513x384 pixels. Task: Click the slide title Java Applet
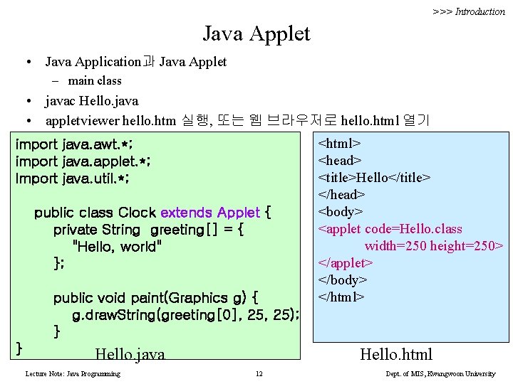point(256,33)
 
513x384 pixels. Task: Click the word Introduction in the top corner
point(480,11)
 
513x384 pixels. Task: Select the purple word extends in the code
point(187,213)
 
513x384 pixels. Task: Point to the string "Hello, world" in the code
point(118,247)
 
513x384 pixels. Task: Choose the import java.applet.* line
point(83,161)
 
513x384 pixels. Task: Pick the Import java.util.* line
point(72,178)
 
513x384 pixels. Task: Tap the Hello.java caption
point(130,354)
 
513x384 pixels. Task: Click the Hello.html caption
point(396,354)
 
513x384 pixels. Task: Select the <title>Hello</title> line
point(374,178)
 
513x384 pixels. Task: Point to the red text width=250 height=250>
point(434,246)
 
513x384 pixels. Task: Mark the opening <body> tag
point(341,212)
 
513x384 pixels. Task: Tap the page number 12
point(259,374)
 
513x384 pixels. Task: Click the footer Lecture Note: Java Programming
point(73,374)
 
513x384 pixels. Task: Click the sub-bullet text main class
point(95,81)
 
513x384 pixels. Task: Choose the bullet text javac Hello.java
point(92,101)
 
